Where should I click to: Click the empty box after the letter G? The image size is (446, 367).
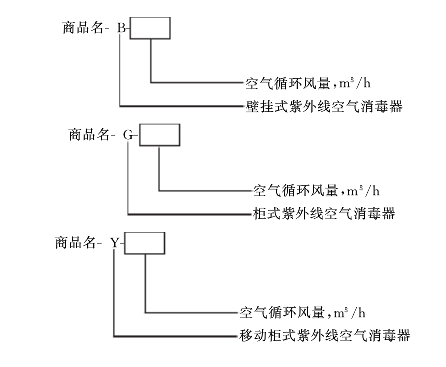(159, 133)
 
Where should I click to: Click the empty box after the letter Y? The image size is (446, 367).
(145, 243)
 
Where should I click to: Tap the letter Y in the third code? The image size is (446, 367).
(115, 243)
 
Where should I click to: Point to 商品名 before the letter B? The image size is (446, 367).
(83, 28)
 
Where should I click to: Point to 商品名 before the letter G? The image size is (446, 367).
(92, 134)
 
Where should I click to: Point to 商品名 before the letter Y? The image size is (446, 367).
(80, 243)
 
